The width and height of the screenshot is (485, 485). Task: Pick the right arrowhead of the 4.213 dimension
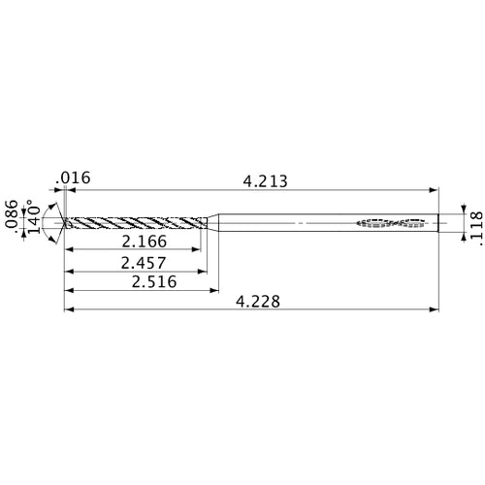pos(433,190)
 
